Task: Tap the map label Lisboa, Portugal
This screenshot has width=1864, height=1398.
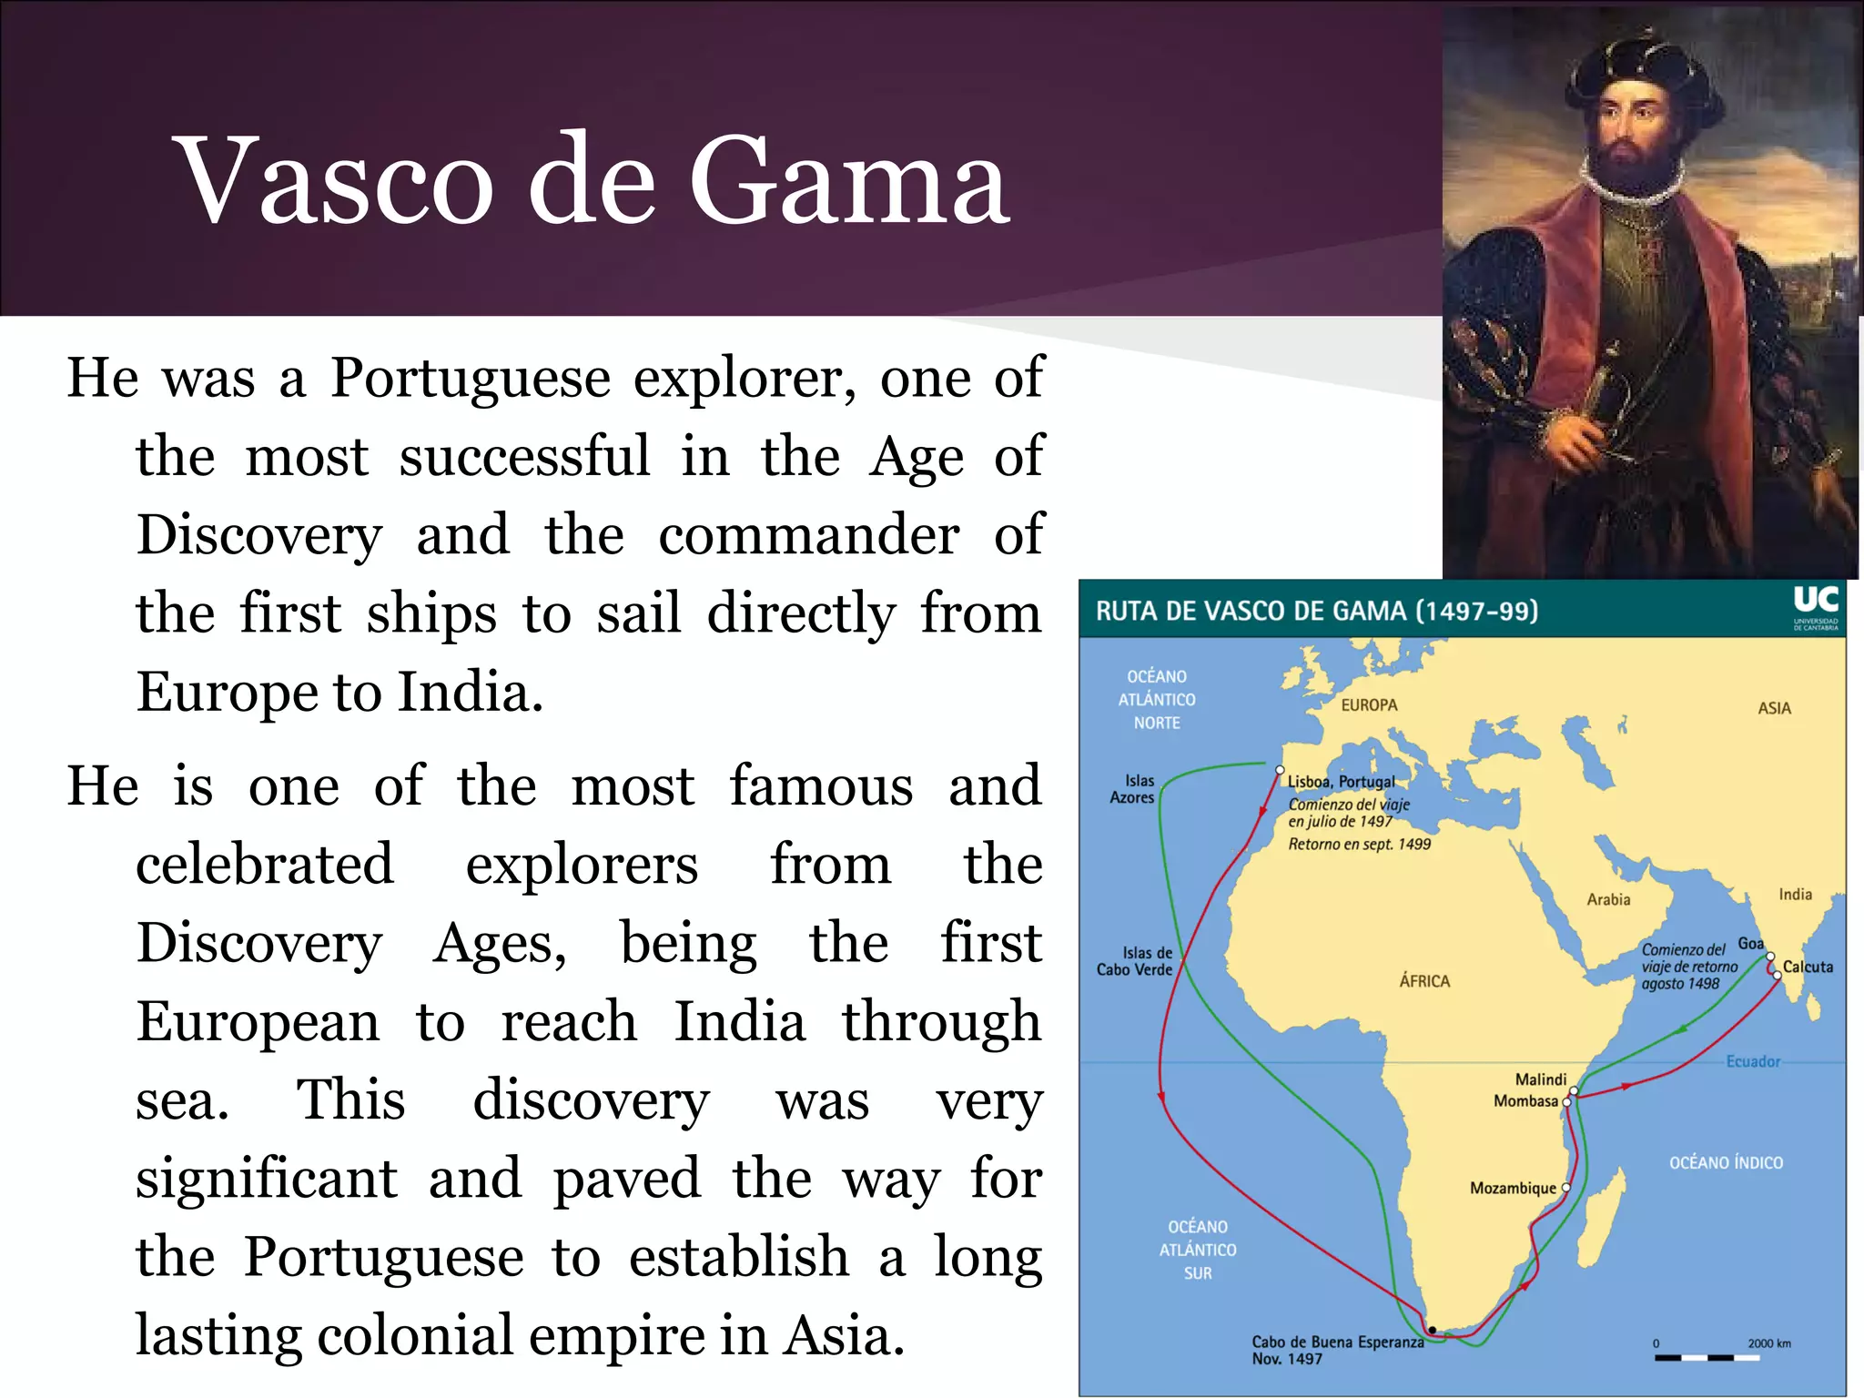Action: (x=1341, y=781)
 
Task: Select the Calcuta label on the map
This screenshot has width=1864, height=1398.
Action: (x=1808, y=967)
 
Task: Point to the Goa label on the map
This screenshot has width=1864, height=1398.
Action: (x=1750, y=943)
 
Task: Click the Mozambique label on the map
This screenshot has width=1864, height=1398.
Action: (x=1513, y=1188)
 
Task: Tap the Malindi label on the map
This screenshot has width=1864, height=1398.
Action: (x=1540, y=1079)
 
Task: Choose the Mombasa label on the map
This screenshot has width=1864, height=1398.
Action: (x=1525, y=1101)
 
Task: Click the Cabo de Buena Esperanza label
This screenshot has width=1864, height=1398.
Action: (x=1337, y=1342)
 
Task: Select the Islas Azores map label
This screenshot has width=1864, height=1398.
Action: (x=1132, y=789)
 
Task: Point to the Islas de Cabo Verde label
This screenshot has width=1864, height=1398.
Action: (x=1135, y=961)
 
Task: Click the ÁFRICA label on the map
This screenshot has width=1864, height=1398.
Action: (x=1424, y=981)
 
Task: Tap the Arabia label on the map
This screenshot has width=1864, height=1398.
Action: (x=1608, y=899)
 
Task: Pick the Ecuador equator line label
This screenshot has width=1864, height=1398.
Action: (x=1753, y=1061)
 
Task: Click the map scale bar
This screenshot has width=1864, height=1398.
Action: (x=1707, y=1358)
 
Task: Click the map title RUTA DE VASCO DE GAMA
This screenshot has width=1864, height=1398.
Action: (x=1316, y=611)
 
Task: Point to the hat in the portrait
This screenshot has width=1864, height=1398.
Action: (x=1637, y=64)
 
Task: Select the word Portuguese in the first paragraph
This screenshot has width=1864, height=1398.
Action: (x=470, y=378)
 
